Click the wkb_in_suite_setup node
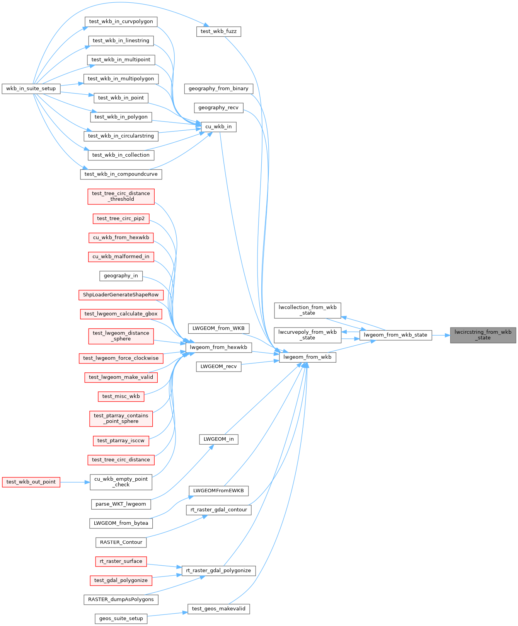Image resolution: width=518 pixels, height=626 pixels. [x=31, y=89]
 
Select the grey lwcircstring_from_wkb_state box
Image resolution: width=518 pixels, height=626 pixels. [x=483, y=335]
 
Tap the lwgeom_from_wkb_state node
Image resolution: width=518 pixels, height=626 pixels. [x=395, y=335]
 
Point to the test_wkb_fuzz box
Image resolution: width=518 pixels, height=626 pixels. [x=218, y=31]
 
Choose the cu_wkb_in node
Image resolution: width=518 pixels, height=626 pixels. [x=218, y=126]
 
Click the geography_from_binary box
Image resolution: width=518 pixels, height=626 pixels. [x=218, y=89]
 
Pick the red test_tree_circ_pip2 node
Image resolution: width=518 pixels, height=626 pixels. [x=121, y=218]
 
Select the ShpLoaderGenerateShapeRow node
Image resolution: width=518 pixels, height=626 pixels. [x=121, y=295]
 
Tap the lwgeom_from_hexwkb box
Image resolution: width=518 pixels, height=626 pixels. [x=218, y=347]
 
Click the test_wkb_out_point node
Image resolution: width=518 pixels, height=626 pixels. [x=31, y=482]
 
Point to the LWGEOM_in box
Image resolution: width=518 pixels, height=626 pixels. [x=218, y=439]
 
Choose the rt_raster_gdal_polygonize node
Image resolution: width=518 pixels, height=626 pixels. [x=218, y=570]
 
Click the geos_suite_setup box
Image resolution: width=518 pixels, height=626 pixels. [x=121, y=618]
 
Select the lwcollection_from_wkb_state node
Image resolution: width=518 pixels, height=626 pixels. [x=308, y=310]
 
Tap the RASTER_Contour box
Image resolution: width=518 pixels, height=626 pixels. [x=121, y=542]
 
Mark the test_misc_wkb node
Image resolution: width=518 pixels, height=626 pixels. [x=121, y=396]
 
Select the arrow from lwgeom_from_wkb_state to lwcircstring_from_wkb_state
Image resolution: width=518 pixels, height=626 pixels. [x=441, y=335]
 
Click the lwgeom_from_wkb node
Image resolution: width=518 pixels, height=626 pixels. [x=307, y=357]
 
